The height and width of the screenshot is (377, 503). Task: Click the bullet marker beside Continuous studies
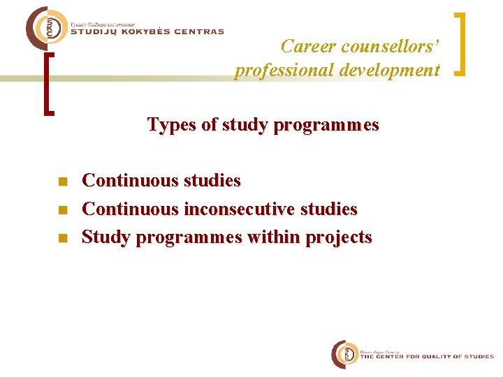click(x=62, y=182)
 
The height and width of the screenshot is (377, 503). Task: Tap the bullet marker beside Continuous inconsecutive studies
click(x=62, y=209)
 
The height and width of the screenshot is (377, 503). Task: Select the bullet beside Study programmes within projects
click(x=62, y=237)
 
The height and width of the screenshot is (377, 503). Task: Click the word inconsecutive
click(x=242, y=209)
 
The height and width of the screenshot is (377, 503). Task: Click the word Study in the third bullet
click(x=106, y=237)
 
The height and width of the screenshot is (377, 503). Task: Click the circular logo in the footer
click(x=344, y=355)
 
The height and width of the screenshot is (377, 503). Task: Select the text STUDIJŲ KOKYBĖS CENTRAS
click(x=147, y=31)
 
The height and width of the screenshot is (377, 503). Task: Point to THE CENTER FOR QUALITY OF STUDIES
click(x=426, y=357)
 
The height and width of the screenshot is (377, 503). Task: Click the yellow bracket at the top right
click(x=461, y=43)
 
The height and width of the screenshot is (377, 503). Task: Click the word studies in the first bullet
click(x=212, y=181)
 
